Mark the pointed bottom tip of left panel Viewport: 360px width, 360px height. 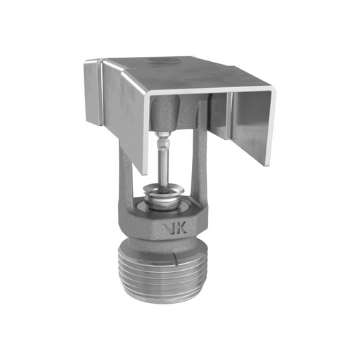[x=146, y=172]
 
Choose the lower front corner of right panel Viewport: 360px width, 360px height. [x=266, y=164]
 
